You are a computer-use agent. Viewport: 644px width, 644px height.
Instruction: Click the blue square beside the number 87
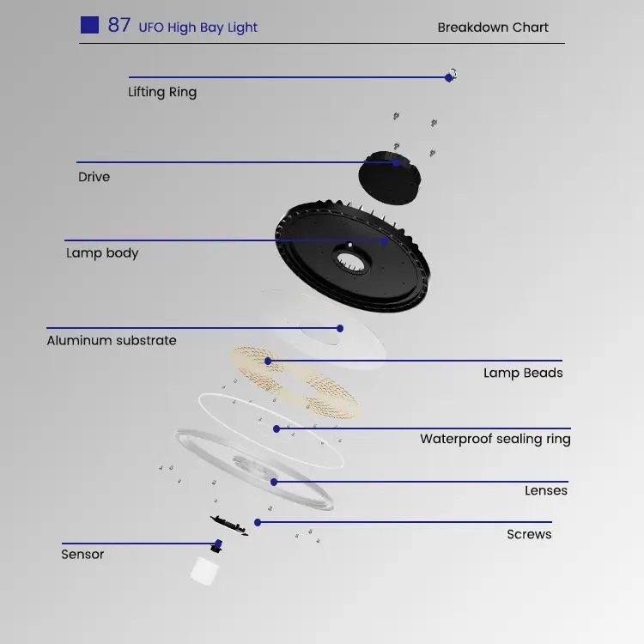tap(89, 25)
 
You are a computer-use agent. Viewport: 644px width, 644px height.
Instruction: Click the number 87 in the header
tap(119, 25)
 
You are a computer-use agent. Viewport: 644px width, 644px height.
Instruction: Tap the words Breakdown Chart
tap(493, 27)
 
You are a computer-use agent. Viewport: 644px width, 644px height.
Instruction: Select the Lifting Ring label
tap(162, 92)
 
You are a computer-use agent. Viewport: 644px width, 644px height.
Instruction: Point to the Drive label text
tap(94, 177)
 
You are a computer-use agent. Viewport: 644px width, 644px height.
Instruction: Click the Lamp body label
tap(102, 253)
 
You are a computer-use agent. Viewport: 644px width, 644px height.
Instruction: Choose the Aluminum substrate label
tap(112, 340)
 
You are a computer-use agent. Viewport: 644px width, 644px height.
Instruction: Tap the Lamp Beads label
tap(523, 373)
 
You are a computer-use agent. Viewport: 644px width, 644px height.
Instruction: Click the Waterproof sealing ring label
tap(495, 439)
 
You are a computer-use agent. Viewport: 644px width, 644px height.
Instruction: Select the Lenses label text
tap(546, 490)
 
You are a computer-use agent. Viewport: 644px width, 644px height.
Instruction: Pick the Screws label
tap(529, 534)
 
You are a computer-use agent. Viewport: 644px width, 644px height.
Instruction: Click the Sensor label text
tap(82, 555)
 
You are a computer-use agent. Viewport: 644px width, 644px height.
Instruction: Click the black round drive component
tap(389, 178)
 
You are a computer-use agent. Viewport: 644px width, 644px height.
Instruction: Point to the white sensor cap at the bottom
tap(204, 570)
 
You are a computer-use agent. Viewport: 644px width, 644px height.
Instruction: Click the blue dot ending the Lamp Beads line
tap(268, 361)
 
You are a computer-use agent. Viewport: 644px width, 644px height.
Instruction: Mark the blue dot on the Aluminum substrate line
tap(340, 328)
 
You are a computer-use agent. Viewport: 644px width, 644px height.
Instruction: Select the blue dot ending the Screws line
tap(258, 522)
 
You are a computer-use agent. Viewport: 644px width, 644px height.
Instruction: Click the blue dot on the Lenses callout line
tap(274, 482)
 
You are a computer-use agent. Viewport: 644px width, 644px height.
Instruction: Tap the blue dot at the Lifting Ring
tap(448, 77)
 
